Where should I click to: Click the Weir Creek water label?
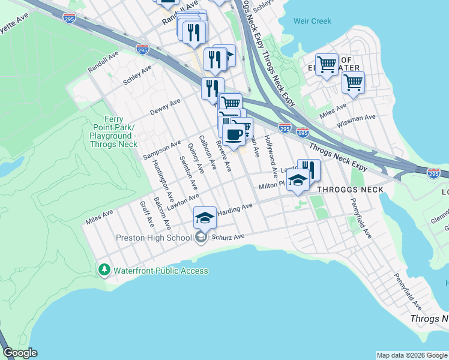point(312,21)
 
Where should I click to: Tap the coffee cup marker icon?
point(234,134)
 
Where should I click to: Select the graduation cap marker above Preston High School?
point(205,218)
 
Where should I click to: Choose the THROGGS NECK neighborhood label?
point(350,190)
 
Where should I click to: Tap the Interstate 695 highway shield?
point(303,131)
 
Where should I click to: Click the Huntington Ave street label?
point(163,180)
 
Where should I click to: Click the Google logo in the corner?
point(20,353)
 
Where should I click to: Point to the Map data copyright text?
point(412,355)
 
